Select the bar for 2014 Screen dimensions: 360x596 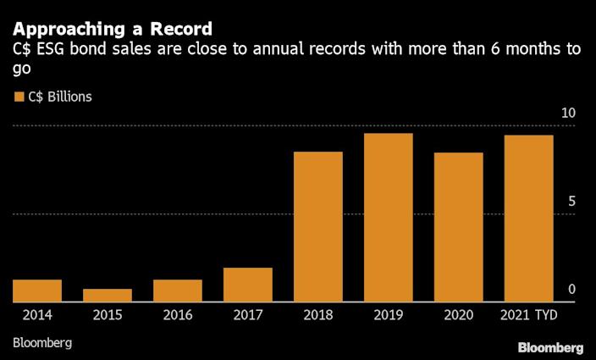[x=37, y=291]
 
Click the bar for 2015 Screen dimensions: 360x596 [x=108, y=295]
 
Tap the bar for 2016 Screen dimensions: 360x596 [x=178, y=291]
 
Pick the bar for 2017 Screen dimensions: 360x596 [x=248, y=285]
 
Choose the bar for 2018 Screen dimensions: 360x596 [x=318, y=227]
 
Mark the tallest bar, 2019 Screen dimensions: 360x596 [x=389, y=218]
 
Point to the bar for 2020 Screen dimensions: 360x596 [x=459, y=227]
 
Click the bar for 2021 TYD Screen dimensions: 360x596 [x=529, y=219]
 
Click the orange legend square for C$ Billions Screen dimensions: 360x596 [x=19, y=97]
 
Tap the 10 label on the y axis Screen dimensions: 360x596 [x=569, y=114]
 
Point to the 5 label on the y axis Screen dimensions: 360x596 [x=572, y=202]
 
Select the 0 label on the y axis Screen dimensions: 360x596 [x=572, y=290]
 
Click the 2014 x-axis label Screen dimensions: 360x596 [x=37, y=315]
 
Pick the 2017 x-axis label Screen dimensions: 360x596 [x=248, y=315]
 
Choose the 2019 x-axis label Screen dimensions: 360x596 [x=389, y=315]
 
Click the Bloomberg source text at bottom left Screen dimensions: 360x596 [x=42, y=343]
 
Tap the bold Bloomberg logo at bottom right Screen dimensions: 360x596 [x=550, y=347]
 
